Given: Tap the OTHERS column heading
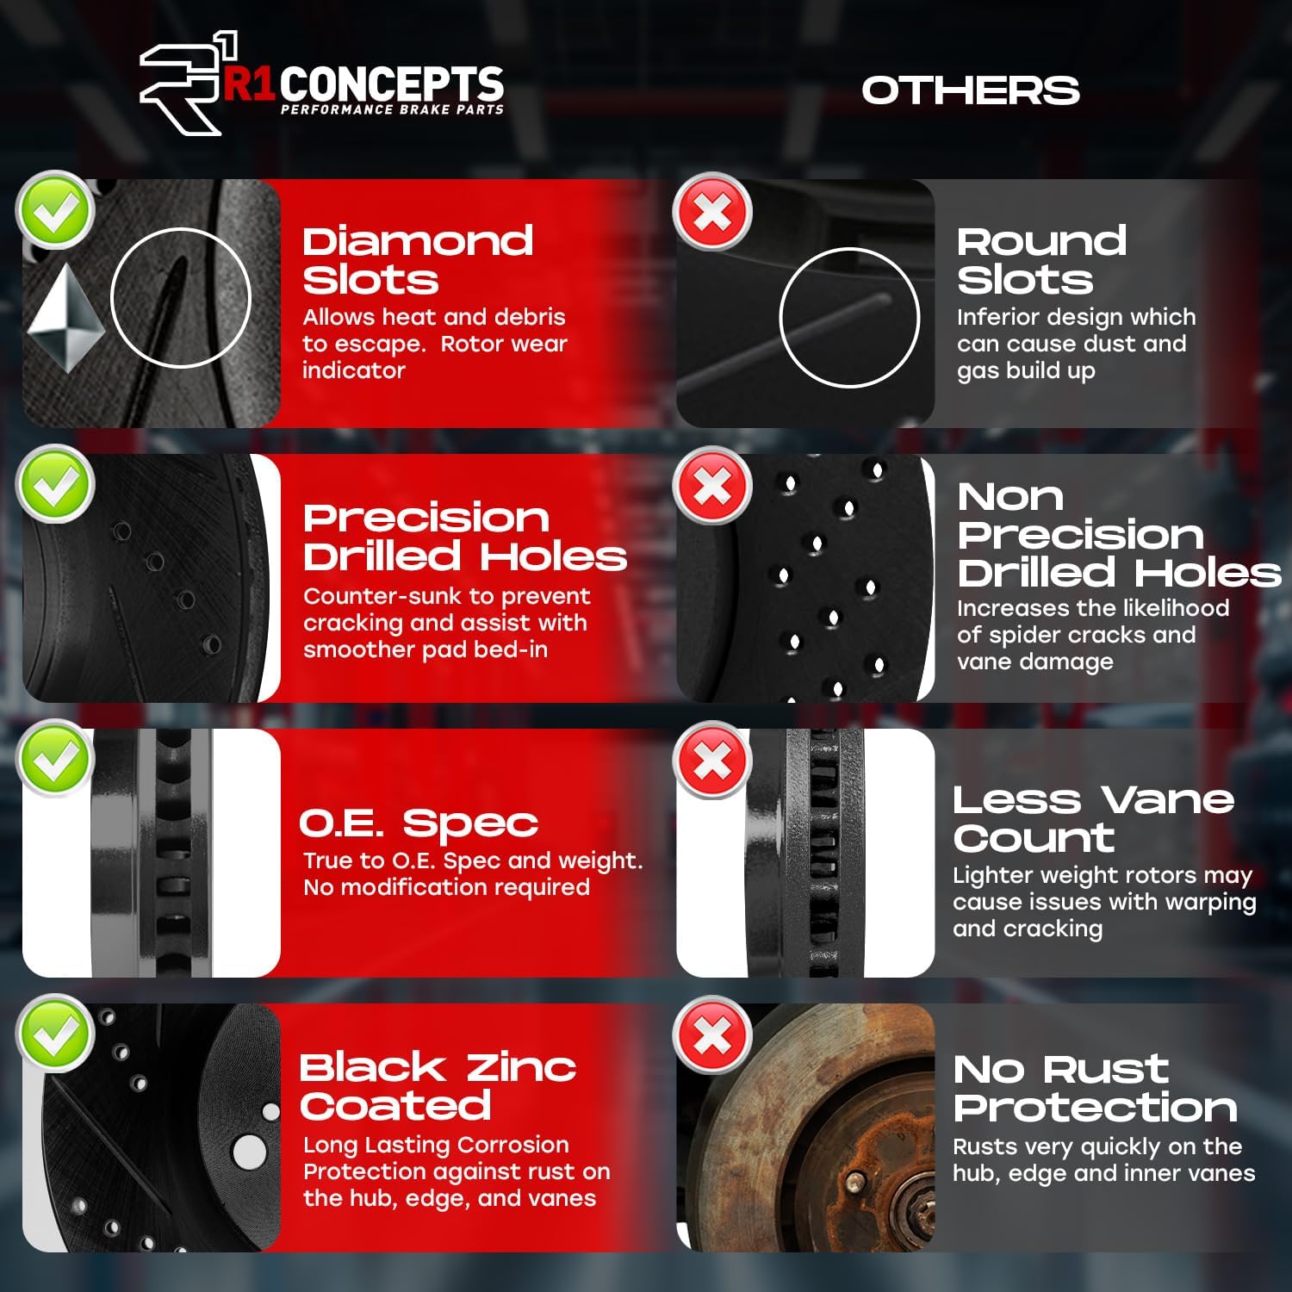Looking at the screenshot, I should click(x=970, y=90).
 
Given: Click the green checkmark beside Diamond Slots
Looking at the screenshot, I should click(x=56, y=211).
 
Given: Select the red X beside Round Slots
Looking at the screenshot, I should click(x=712, y=212).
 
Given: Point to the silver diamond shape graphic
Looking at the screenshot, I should click(x=65, y=317).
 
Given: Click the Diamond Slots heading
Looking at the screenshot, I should click(x=417, y=260).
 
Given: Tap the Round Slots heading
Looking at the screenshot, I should click(x=1041, y=260).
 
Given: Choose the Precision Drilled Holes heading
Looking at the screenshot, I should click(x=464, y=537).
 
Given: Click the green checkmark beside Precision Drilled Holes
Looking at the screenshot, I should click(x=56, y=485).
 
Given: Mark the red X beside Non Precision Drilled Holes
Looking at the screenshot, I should click(x=712, y=486).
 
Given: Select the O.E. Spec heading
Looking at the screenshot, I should click(x=419, y=823).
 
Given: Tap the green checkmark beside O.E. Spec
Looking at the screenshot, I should click(x=56, y=759).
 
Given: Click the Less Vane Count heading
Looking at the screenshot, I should click(x=1093, y=818).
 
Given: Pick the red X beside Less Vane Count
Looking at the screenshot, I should click(x=712, y=761).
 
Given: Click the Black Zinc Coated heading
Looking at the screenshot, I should click(x=437, y=1086).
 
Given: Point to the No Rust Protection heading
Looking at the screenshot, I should click(x=1095, y=1088).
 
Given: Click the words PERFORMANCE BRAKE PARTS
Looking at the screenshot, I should click(x=392, y=109).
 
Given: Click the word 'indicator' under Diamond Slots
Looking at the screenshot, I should click(x=353, y=370).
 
